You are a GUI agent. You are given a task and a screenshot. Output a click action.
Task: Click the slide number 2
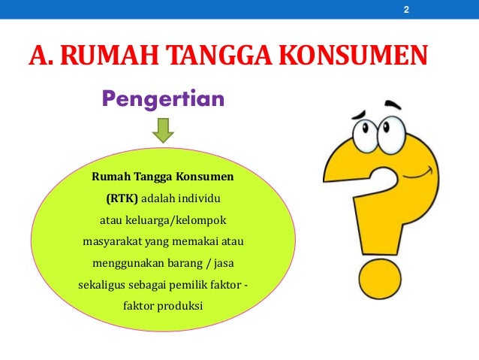pyautogui.click(x=406, y=10)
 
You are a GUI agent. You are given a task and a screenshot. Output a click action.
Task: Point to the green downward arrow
pyautogui.click(x=163, y=132)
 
